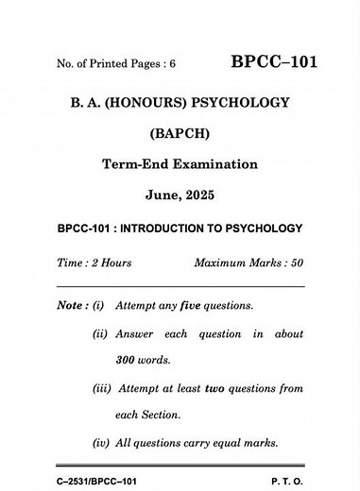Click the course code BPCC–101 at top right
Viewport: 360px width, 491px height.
(274, 63)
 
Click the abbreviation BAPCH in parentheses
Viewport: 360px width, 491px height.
(180, 133)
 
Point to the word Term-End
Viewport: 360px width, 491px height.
(132, 164)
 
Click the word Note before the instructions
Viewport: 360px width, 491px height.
(69, 307)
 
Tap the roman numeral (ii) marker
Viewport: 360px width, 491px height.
(99, 335)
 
